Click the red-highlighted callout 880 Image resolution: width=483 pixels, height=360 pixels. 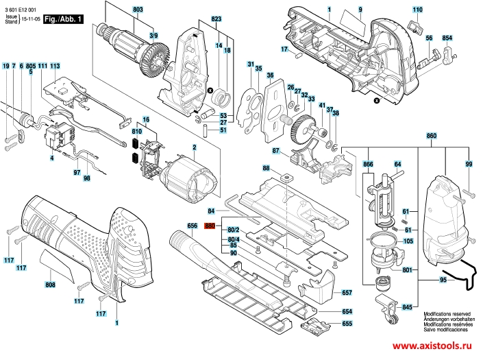(210, 226)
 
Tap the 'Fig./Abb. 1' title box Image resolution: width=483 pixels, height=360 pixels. (63, 19)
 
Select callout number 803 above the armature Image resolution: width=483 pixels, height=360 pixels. (138, 10)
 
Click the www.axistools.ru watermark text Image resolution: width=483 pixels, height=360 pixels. (432, 346)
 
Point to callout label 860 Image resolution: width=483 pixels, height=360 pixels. (431, 136)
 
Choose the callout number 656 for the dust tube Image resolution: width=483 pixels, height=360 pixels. (192, 226)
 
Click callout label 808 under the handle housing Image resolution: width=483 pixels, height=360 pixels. (50, 285)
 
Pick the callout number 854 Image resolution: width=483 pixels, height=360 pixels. (447, 38)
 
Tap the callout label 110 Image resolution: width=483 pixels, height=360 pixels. (417, 10)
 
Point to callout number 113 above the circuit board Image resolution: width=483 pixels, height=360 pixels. (55, 66)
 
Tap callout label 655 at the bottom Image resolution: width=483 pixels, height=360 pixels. (347, 324)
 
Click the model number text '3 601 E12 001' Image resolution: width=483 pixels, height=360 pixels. (21, 10)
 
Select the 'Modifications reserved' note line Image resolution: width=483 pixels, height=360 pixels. (447, 314)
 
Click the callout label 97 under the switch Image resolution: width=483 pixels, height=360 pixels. (77, 173)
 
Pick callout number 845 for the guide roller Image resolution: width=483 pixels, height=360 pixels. (407, 307)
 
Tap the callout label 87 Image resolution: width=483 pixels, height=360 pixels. (275, 151)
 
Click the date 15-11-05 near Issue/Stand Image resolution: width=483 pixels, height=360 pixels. (31, 19)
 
